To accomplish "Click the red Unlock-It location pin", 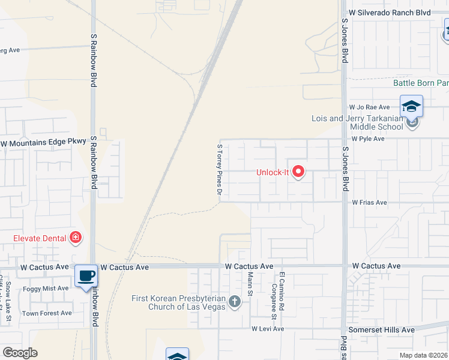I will pyautogui.click(x=298, y=172).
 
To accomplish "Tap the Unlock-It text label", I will pyautogui.click(x=273, y=172).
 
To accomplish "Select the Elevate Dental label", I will pyautogui.click(x=40, y=238).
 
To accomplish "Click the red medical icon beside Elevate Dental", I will pyautogui.click(x=76, y=238).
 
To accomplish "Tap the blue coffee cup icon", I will pyautogui.click(x=86, y=276).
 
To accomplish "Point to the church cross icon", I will pyautogui.click(x=234, y=302).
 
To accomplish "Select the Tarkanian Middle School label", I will pyautogui.click(x=357, y=122).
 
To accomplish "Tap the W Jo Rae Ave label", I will pyautogui.click(x=366, y=106).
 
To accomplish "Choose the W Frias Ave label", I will pyautogui.click(x=369, y=203).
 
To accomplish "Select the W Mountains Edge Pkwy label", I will pyautogui.click(x=44, y=143).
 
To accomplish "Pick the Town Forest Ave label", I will pyautogui.click(x=47, y=313).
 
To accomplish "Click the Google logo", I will pyautogui.click(x=20, y=353).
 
